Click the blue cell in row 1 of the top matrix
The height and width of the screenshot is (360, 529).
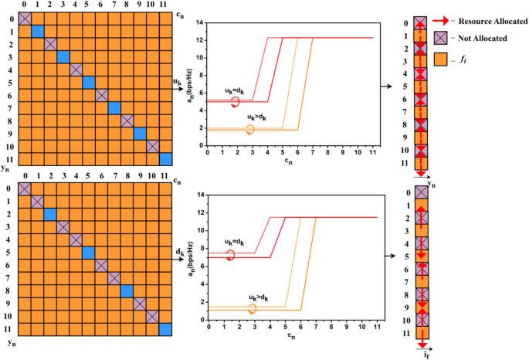[37, 31]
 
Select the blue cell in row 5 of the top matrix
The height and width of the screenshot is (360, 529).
[89, 83]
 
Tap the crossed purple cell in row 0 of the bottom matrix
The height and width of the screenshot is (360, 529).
[24, 188]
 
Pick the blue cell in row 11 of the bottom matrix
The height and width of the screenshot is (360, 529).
[165, 330]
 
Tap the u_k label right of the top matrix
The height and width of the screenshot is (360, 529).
[178, 81]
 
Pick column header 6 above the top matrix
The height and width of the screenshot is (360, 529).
[101, 7]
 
